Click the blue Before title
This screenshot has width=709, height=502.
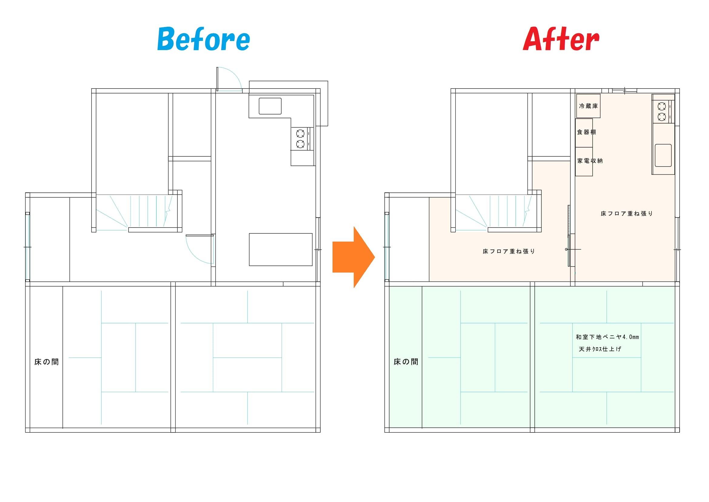[203, 39]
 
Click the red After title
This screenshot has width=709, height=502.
[561, 39]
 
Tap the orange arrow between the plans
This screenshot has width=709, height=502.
[353, 257]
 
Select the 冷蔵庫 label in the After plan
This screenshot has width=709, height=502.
[588, 106]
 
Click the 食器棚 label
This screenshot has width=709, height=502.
[587, 132]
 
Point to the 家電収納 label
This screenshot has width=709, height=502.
[590, 161]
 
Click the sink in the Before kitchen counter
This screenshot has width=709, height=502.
[270, 106]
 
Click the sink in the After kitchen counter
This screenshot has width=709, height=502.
[663, 155]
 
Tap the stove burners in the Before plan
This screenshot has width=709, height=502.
[300, 139]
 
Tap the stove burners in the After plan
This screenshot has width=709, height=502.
[661, 112]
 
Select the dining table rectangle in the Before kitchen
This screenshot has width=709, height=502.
[281, 249]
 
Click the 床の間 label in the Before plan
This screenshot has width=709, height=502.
[47, 362]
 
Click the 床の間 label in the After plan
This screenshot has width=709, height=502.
[406, 362]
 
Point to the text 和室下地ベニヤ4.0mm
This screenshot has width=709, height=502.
[607, 337]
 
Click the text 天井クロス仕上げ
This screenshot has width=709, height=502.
[600, 349]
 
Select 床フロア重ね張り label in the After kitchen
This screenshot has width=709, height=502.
[627, 214]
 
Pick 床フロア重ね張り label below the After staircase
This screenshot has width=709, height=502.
[509, 252]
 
